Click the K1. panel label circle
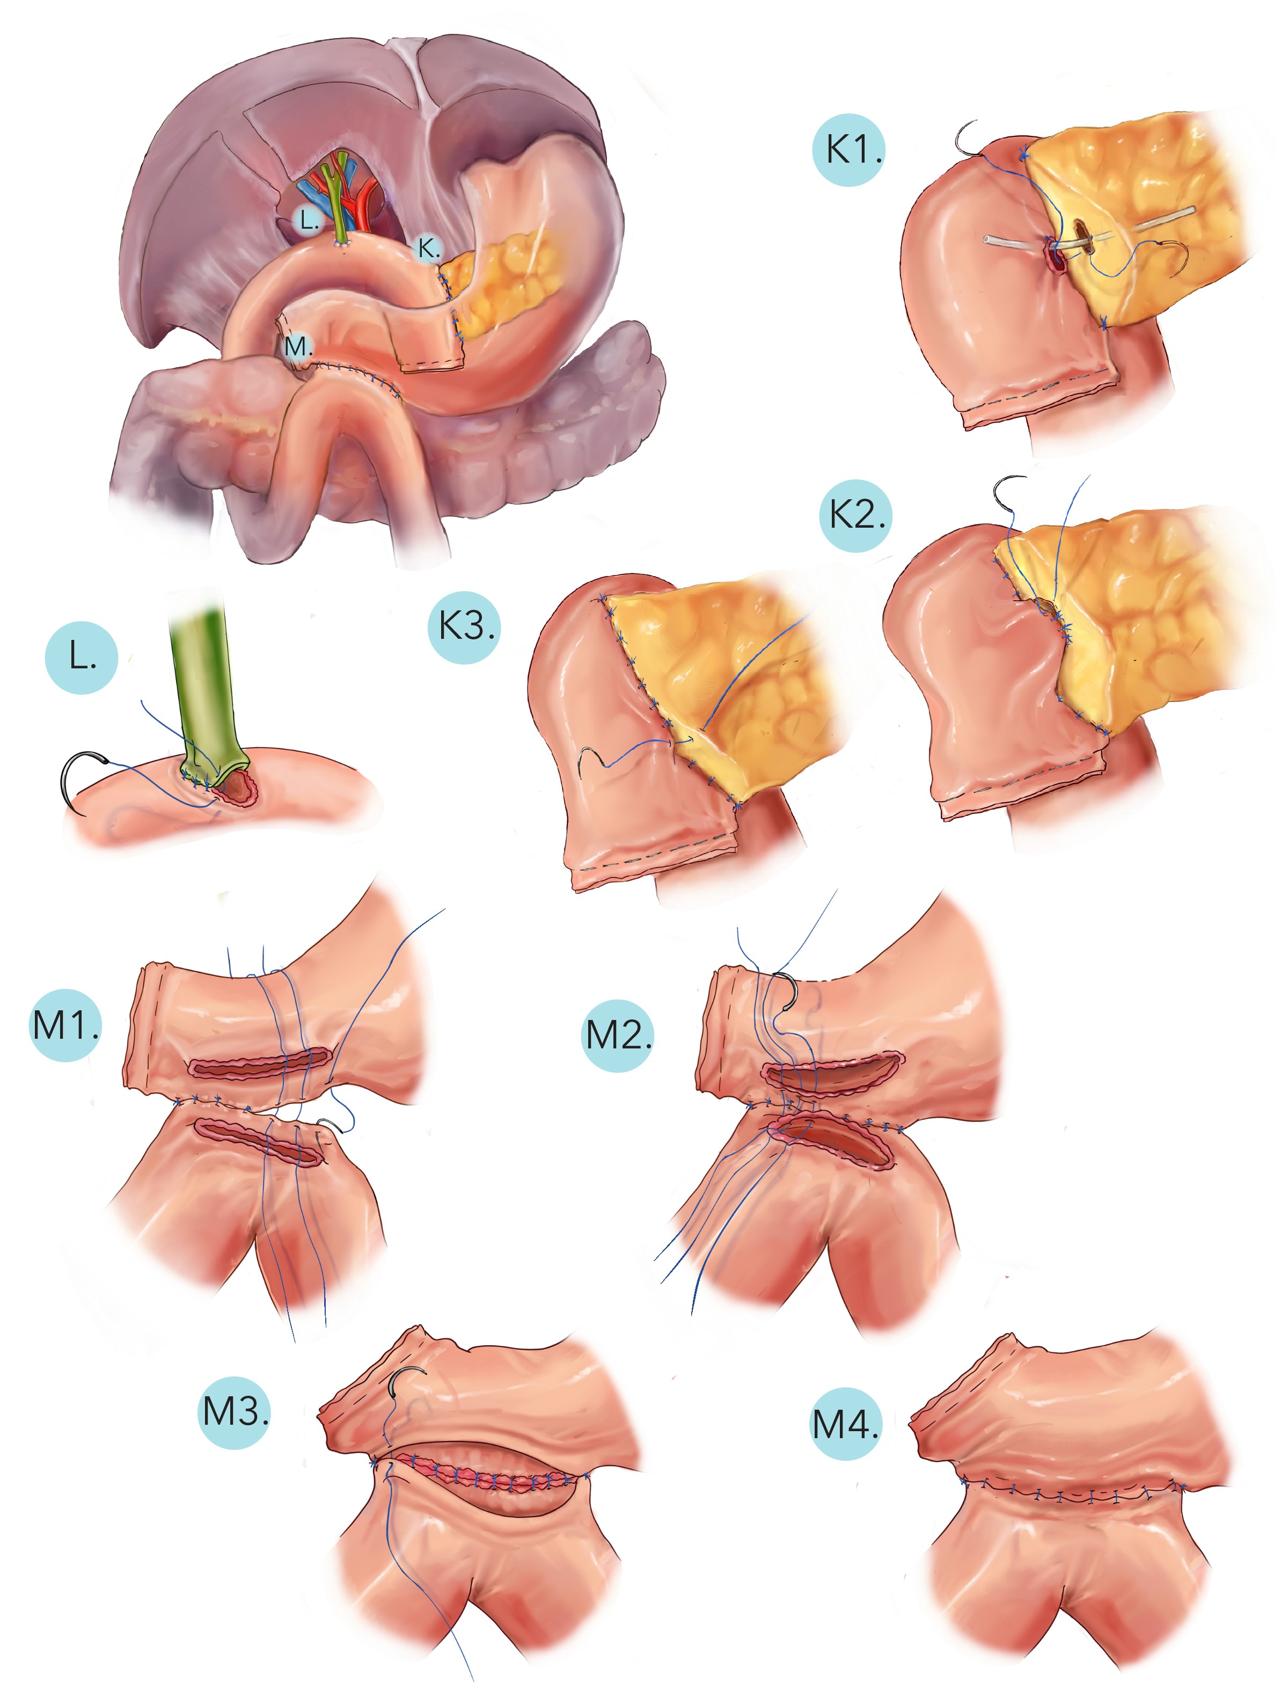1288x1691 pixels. click(848, 150)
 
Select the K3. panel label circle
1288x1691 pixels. click(464, 626)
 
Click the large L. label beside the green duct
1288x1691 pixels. click(81, 657)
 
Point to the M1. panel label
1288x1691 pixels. click(65, 1025)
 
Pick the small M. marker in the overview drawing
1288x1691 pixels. click(297, 347)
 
